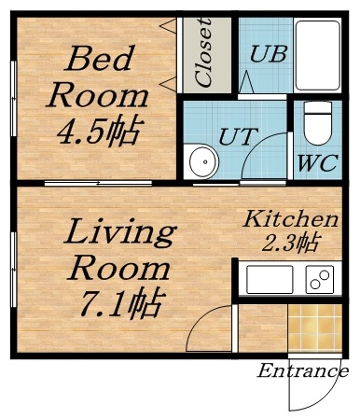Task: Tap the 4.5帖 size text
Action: pyautogui.click(x=97, y=131)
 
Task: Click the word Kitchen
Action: pyautogui.click(x=290, y=220)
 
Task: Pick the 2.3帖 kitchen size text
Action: pyautogui.click(x=290, y=244)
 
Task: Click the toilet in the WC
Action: pyautogui.click(x=318, y=119)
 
